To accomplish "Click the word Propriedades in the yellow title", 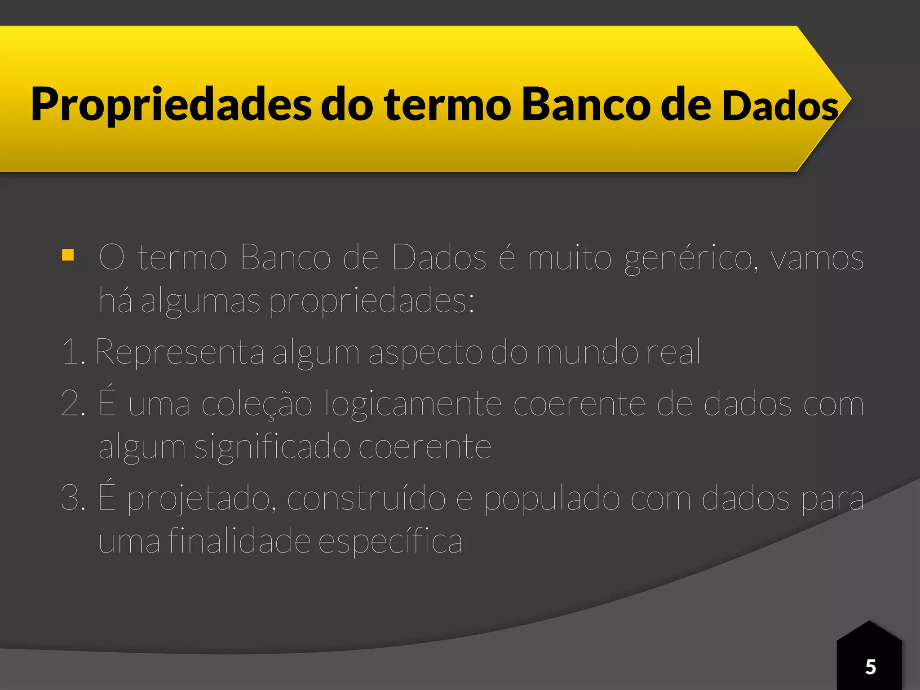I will point(171,105).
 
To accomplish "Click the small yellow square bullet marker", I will point(68,255).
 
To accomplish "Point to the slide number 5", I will point(870,667).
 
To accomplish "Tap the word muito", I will point(569,258).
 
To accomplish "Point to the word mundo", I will point(587,352).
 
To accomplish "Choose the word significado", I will point(272,448).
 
